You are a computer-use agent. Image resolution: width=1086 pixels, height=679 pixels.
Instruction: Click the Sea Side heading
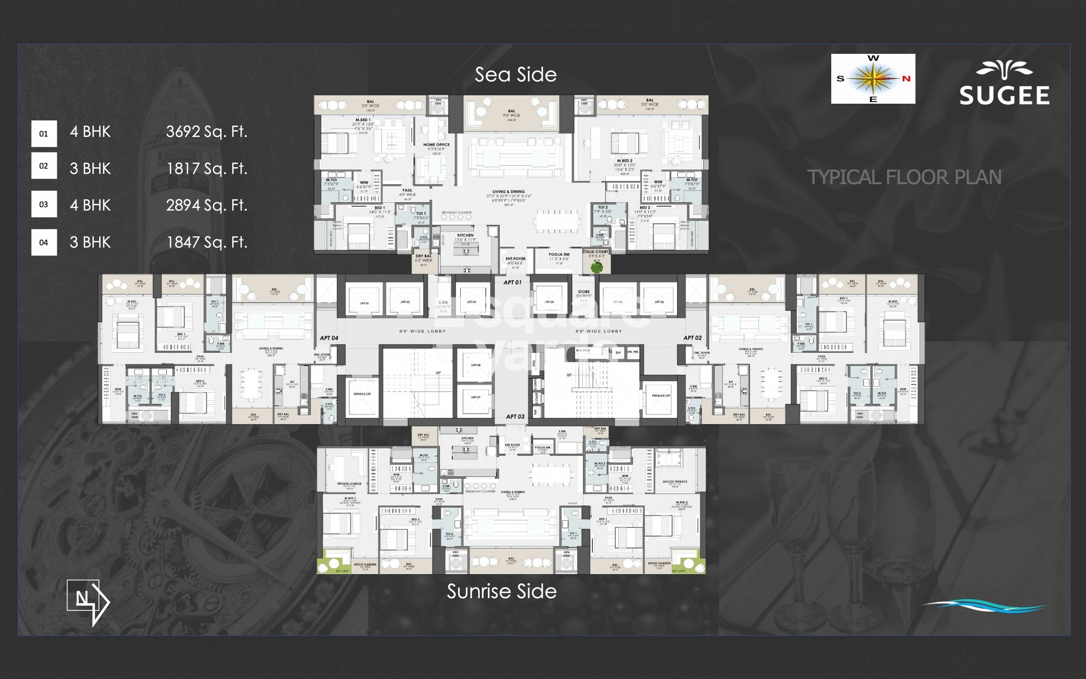pos(515,75)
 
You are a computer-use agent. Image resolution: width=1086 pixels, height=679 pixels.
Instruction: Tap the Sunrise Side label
pos(501,591)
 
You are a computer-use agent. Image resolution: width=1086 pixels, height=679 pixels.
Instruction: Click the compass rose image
pos(873,78)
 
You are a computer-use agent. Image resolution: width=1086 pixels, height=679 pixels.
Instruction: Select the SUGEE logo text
pos(1004,95)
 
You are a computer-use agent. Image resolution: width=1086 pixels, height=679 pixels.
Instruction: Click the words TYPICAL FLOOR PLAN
pos(904,177)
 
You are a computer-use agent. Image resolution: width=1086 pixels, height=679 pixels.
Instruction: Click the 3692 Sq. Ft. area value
pos(206,132)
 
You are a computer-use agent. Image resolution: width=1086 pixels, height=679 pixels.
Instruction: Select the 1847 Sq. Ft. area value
pos(206,242)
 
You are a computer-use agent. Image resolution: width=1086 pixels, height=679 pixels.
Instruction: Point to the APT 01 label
pos(512,283)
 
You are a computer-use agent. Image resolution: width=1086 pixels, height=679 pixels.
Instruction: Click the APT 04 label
pos(329,338)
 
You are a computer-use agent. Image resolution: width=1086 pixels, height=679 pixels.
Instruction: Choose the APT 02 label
pos(692,338)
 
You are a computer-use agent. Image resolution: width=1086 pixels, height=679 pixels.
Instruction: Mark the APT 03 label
pos(515,416)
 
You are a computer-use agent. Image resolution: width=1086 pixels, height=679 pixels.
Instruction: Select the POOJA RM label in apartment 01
pos(559,255)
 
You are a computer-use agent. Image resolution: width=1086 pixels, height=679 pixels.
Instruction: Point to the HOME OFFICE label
pos(436,144)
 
